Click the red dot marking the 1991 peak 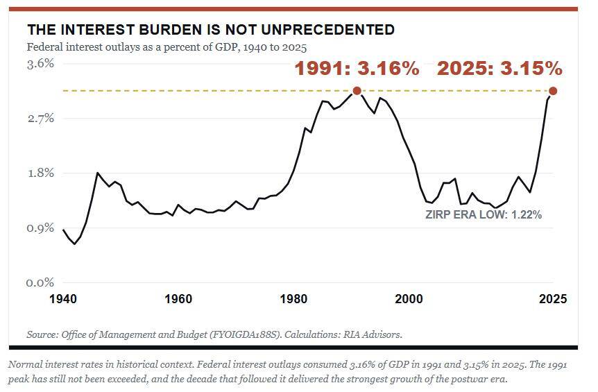tap(357, 91)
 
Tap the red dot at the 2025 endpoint tap(553, 91)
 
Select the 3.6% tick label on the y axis tap(40, 63)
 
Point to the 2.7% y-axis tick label tap(40, 118)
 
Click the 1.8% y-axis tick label tap(40, 173)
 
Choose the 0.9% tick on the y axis tap(40, 228)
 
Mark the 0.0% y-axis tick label tap(40, 283)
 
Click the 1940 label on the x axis tap(63, 298)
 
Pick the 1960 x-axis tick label tap(178, 298)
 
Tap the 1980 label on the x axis tap(293, 298)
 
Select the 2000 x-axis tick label tap(409, 298)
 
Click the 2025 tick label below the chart tap(553, 298)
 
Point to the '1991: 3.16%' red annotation tap(357, 69)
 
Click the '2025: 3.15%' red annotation tap(499, 69)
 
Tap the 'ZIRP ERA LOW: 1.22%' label tap(484, 214)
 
